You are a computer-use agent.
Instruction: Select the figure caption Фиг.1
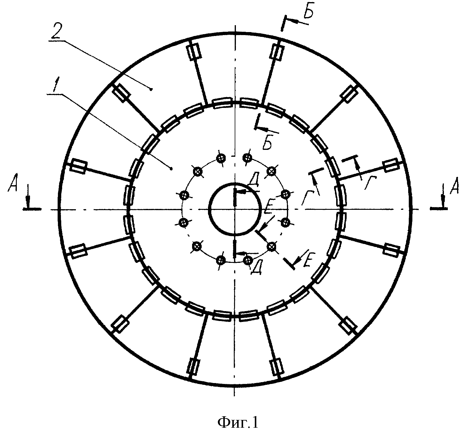pos(237,422)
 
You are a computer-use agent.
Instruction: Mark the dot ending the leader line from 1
pos(171,168)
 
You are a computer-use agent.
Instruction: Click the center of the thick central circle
pos(234,209)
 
